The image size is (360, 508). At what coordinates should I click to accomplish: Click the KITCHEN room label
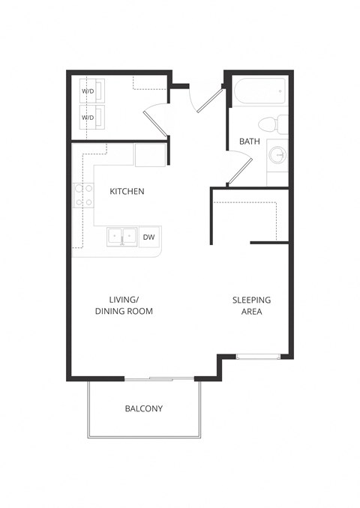point(127,192)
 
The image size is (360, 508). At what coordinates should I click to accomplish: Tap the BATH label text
point(249,142)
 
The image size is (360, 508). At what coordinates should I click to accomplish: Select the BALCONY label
point(143,409)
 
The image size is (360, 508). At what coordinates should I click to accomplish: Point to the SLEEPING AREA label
point(251,306)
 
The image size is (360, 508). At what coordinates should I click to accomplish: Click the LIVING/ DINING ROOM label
point(124,305)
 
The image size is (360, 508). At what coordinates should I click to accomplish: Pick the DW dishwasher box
point(149,238)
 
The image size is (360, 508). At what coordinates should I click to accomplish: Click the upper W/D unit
point(94,92)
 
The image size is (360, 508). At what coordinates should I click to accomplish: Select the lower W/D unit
point(94,118)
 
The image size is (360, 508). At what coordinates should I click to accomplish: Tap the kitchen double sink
point(121,238)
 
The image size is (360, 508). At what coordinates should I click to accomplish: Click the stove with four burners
point(83,196)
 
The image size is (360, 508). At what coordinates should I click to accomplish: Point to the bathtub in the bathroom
point(259,92)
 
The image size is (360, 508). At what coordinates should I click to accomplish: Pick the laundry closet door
point(156,118)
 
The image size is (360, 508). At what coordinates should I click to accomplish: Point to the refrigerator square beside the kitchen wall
point(150,154)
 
